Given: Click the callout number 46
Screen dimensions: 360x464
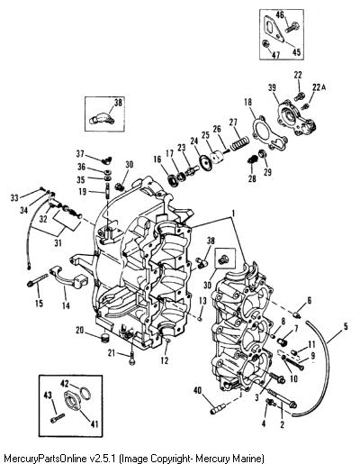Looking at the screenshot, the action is tap(280, 15).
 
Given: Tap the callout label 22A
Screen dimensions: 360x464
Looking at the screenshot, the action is tap(319, 87).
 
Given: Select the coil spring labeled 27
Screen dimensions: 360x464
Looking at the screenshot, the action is tap(239, 143).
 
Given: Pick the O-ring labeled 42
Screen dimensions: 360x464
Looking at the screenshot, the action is tap(85, 393).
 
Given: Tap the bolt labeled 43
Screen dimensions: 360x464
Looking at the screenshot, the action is tap(58, 418).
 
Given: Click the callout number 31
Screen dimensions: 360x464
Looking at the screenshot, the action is tap(58, 242).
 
